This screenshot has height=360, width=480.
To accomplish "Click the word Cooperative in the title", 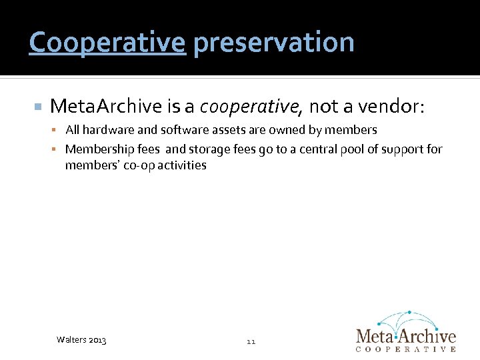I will point(107,43).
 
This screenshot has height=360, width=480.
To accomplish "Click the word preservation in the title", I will point(273,43).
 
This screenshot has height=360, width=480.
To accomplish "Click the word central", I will point(298,149).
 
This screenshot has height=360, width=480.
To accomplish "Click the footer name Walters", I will point(71,341).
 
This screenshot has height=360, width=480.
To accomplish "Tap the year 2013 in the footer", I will point(97,341).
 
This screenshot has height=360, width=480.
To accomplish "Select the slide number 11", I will point(251,341).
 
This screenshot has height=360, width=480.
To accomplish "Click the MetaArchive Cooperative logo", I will point(405,331).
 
